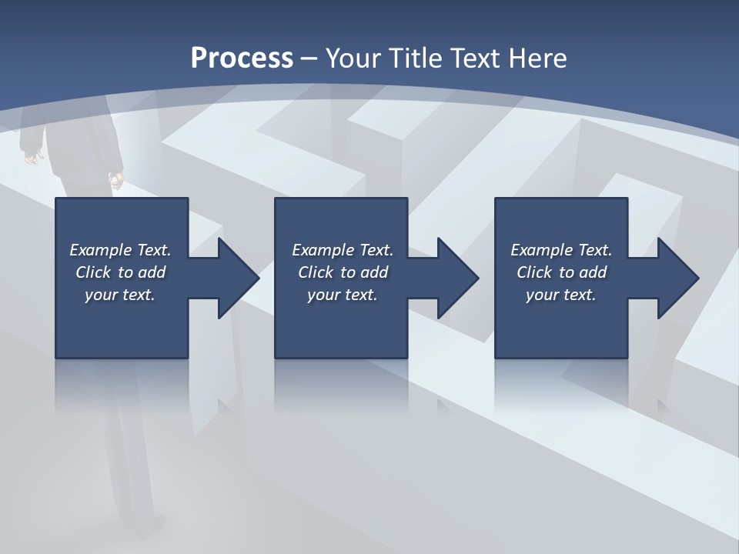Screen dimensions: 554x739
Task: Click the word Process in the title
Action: coord(242,58)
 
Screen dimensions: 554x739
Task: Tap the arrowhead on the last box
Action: coord(677,278)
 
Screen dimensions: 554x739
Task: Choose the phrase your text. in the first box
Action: coord(120,295)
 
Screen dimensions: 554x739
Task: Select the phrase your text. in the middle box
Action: coord(343,295)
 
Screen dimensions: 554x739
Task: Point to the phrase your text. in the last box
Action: coord(561,295)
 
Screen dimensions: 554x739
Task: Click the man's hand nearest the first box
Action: coord(115,182)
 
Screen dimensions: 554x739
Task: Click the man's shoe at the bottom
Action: coord(153,529)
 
